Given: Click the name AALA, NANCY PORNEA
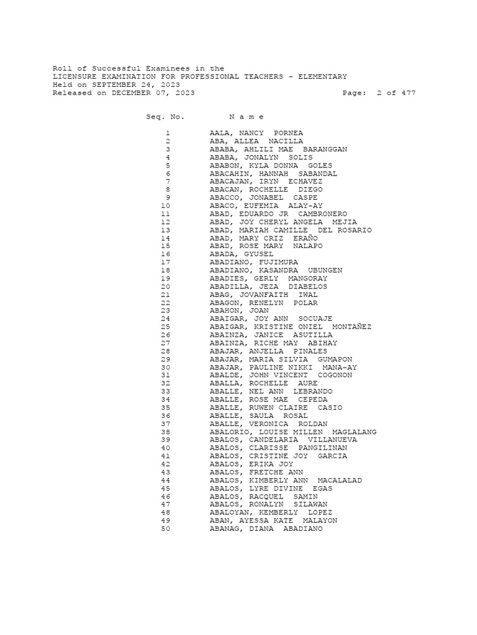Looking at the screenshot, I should [257, 133].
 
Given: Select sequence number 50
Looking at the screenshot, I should [165, 529].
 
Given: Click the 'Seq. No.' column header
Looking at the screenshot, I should [165, 117].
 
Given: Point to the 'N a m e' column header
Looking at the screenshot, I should [247, 117].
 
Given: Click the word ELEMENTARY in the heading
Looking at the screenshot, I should [320, 76].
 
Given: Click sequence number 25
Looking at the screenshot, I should [165, 327].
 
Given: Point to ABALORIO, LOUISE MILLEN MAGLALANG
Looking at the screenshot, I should [293, 432].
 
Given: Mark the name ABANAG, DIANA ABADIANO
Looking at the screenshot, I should [266, 529].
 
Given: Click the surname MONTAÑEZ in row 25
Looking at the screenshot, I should [352, 327].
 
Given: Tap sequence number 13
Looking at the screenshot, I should [165, 230].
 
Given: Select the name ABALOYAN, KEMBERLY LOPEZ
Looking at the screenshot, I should [271, 513].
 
